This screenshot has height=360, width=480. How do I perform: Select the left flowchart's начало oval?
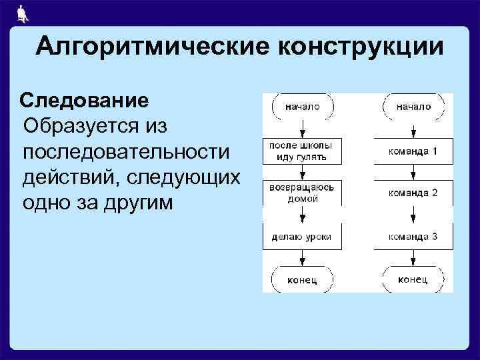302,106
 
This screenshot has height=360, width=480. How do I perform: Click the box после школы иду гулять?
302,151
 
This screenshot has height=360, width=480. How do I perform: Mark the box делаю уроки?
302,236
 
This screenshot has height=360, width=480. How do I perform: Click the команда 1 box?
413,151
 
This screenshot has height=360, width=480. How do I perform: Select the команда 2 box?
413,193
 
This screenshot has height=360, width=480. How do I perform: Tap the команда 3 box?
413,236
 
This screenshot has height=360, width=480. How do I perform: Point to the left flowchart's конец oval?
302,279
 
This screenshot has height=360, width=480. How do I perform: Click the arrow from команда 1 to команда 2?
413,171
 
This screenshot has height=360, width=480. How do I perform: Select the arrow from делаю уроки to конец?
302,257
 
